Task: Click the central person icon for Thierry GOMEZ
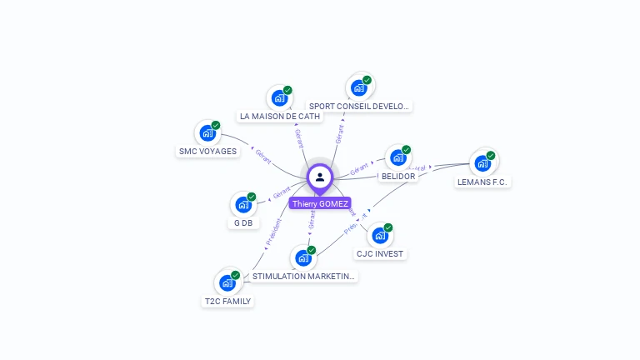point(320,177)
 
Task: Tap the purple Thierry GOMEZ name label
point(320,203)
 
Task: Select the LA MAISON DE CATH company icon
point(279,97)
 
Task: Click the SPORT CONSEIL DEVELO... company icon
point(359,87)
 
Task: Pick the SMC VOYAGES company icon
point(207,132)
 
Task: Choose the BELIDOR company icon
point(397,157)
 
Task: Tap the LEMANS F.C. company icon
point(482,162)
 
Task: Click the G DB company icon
point(243,204)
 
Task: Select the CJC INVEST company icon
point(379,235)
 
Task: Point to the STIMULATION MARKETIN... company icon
point(303,257)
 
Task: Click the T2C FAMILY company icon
point(227,282)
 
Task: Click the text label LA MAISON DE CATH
point(280,117)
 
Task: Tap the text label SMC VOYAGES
point(207,152)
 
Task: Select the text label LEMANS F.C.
point(482,182)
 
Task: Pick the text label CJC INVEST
point(380,253)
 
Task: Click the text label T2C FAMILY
point(227,302)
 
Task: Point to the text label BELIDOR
point(397,177)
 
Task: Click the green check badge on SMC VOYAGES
point(216,125)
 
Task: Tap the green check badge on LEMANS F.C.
point(491,155)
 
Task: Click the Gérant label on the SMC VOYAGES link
point(262,155)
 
